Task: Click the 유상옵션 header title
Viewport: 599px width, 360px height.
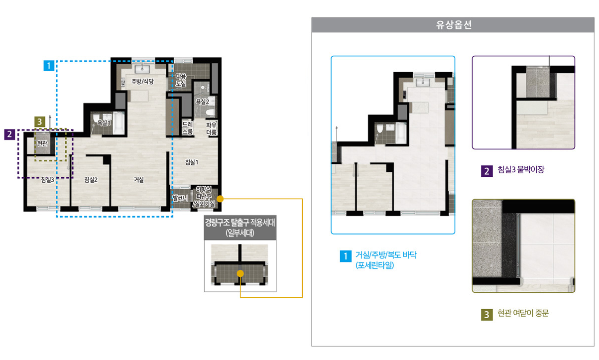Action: tap(454, 25)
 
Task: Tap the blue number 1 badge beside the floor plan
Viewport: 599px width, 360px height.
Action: tap(49, 66)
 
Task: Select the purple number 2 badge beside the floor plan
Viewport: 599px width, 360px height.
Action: tap(9, 134)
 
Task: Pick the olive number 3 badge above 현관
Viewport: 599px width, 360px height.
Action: tap(39, 121)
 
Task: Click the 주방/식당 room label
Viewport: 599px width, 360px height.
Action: tap(142, 81)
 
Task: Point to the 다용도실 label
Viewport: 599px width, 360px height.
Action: tap(181, 80)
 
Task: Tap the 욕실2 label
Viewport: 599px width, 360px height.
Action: tap(203, 102)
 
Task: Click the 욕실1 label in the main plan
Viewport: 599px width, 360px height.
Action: tap(104, 123)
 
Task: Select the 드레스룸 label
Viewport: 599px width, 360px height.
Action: tap(187, 128)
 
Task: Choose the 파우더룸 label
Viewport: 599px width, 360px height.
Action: tap(211, 128)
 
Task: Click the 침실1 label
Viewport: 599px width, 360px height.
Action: tap(192, 162)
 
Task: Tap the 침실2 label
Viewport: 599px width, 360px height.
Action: tap(91, 180)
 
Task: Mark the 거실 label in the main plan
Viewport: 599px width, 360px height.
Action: tap(139, 180)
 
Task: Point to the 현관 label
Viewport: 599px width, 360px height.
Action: tap(42, 143)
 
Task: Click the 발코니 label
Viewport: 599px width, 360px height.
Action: tap(181, 198)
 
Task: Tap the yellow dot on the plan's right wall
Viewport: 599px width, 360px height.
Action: tap(220, 199)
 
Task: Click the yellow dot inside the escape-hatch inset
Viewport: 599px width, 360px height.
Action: tap(240, 273)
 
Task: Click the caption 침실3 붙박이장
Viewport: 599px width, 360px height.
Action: tap(521, 170)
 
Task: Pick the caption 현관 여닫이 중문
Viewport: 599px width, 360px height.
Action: tap(523, 313)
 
